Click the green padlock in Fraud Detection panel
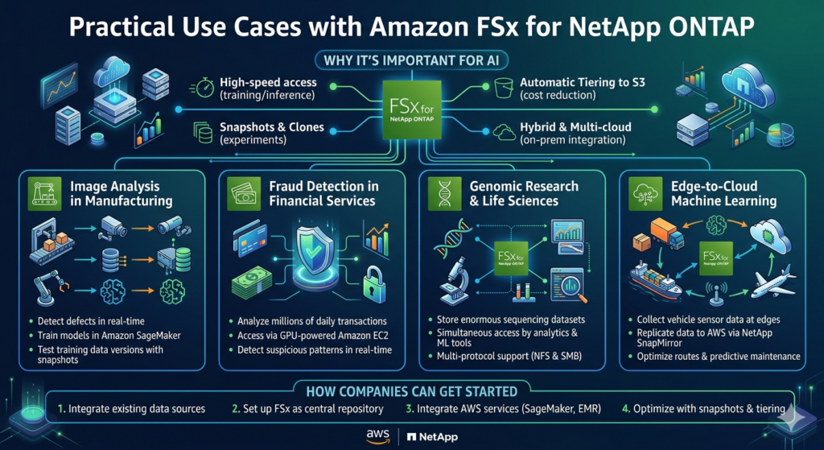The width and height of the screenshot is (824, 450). point(375,283)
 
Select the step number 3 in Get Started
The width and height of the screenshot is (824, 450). point(409,409)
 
